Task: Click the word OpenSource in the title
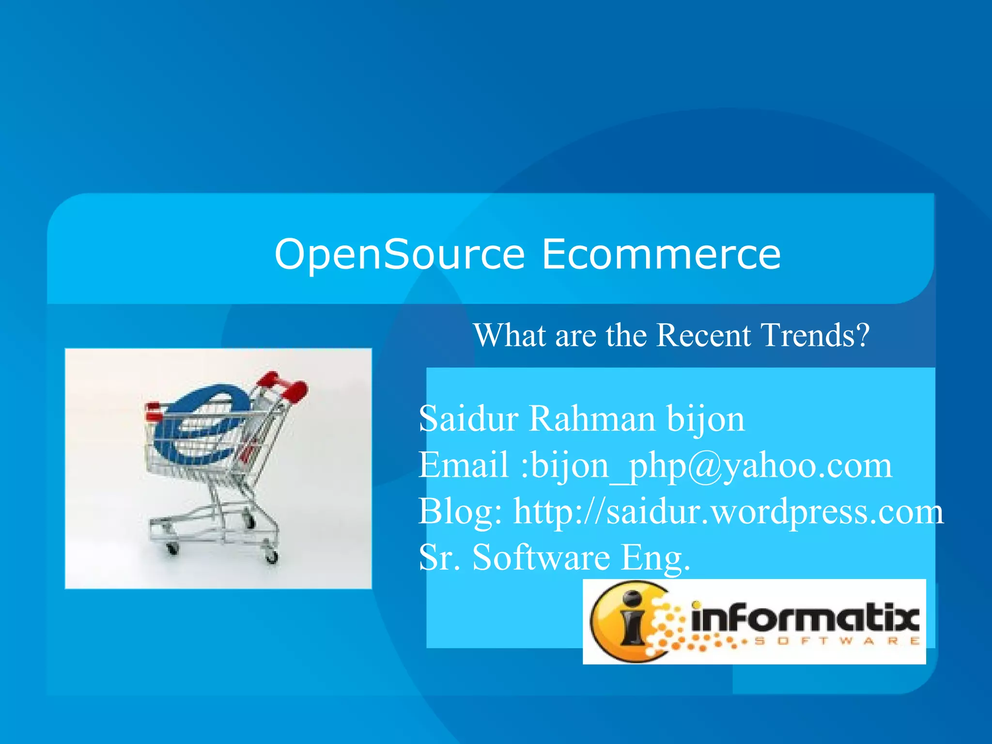pos(399,254)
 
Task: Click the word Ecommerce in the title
pos(661,254)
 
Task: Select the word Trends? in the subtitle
pos(815,335)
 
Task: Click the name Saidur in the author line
pos(468,418)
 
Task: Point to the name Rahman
pos(591,418)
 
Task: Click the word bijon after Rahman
pos(705,419)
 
